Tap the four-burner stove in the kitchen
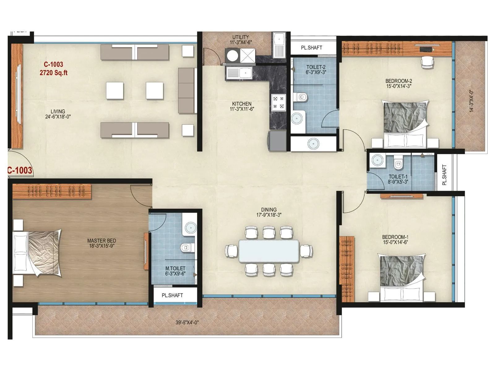278,103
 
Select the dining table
269,251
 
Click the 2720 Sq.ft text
54,73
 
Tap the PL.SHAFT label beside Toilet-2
311,48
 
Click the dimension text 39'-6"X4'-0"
187,322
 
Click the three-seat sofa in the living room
187,91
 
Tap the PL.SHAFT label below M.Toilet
172,295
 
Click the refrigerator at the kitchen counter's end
277,141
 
